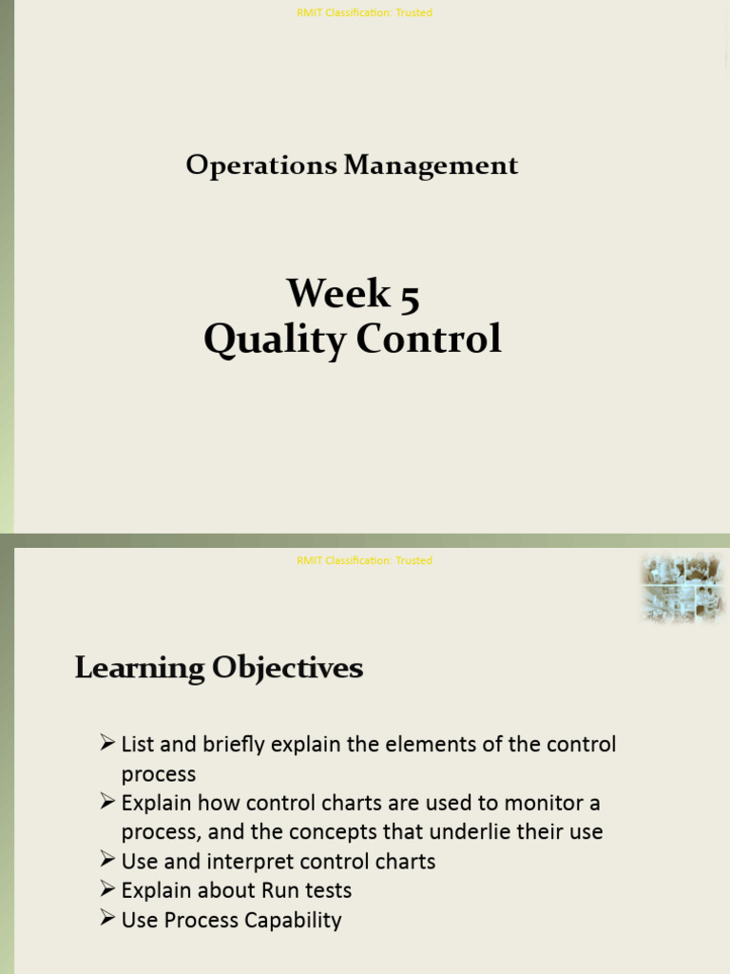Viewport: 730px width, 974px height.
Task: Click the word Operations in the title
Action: coord(261,166)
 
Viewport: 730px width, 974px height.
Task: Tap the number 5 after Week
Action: coord(410,294)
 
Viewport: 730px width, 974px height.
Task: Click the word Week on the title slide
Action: coord(338,293)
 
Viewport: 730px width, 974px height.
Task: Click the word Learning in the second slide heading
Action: coord(140,668)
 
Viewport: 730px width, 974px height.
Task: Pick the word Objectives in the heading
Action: coord(287,668)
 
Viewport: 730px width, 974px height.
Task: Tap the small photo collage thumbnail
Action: coord(682,588)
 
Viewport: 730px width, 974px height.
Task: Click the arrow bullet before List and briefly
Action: coord(107,742)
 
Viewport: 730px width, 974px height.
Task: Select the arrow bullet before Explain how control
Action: coord(107,801)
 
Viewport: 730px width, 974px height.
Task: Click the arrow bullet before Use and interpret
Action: coord(107,860)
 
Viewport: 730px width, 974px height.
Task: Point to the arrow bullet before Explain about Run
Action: coord(107,889)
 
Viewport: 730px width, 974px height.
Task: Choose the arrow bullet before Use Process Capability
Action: coord(107,919)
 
